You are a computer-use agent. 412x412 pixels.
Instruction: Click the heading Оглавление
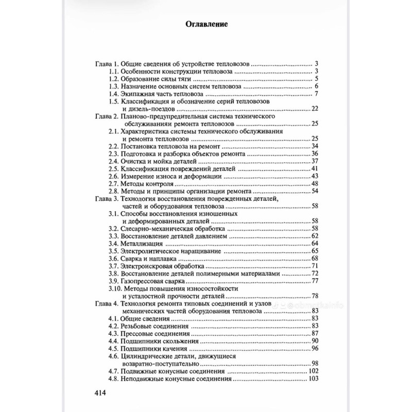206,24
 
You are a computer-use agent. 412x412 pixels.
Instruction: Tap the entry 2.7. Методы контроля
142,183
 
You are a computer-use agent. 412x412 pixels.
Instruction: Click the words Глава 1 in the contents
107,64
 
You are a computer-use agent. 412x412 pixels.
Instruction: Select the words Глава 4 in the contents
107,303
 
